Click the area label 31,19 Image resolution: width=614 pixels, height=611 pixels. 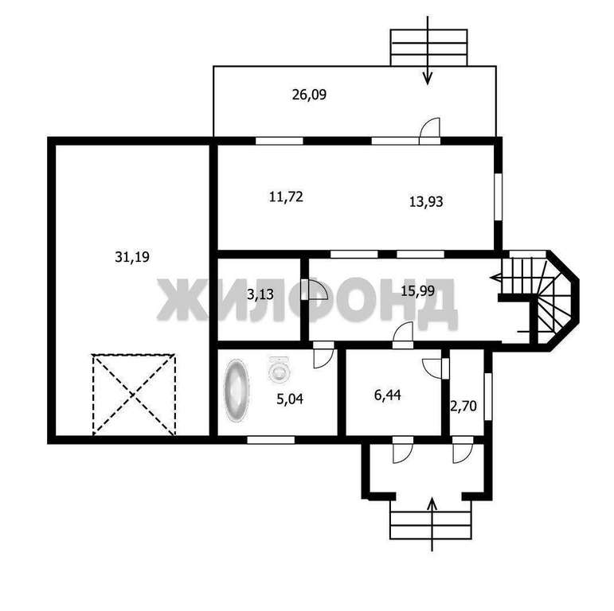132,257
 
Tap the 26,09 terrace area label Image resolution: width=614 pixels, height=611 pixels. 309,95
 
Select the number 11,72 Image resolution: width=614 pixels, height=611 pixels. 286,197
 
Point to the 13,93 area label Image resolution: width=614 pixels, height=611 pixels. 426,201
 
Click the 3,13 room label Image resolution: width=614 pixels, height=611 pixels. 260,294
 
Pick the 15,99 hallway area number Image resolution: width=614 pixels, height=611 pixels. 418,290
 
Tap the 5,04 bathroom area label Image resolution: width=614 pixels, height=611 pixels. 290,399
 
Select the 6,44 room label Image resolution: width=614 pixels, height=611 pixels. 388,395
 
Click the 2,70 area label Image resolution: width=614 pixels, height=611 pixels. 463,407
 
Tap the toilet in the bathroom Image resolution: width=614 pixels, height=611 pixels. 279,368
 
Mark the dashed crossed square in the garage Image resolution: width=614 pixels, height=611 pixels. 134,395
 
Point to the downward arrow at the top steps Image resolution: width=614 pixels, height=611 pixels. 428,50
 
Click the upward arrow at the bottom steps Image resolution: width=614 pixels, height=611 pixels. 432,524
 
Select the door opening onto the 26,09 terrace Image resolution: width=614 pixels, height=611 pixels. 429,131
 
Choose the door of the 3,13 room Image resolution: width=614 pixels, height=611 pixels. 315,290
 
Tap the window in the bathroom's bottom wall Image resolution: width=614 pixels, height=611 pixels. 271,440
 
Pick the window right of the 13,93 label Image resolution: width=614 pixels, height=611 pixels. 498,197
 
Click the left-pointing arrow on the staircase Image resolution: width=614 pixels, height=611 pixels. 496,278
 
